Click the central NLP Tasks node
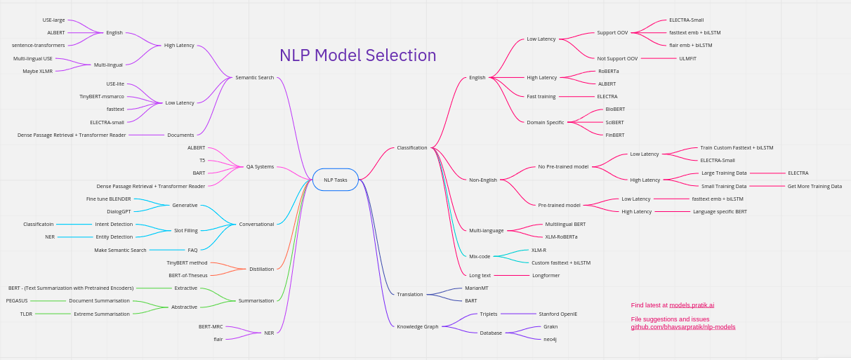coord(335,180)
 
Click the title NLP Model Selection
coord(357,55)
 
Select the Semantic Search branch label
coord(254,77)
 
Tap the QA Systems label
coord(260,167)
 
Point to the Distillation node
coord(261,269)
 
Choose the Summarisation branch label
coord(256,300)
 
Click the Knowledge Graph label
coord(417,326)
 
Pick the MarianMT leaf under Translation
coord(476,288)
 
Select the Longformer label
coord(546,275)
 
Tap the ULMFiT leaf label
coord(687,58)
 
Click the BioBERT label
coord(615,109)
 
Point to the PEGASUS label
coord(17,300)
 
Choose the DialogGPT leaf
coord(119,211)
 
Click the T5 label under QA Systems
coord(202,160)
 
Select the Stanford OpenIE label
coord(558,314)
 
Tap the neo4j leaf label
coord(550,339)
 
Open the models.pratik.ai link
coord(692,305)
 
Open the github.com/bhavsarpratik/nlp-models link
coord(682,327)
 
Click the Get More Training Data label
coord(814,186)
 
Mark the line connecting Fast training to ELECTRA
coord(576,96)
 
